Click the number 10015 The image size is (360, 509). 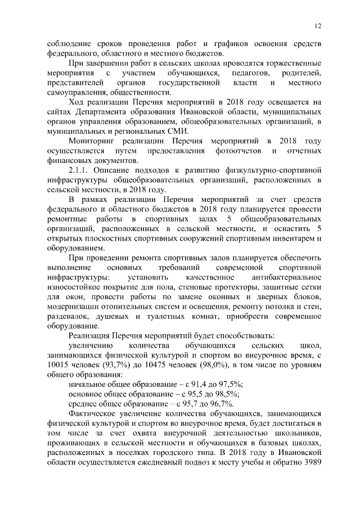tap(58, 364)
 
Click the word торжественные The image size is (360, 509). tap(289, 62)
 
